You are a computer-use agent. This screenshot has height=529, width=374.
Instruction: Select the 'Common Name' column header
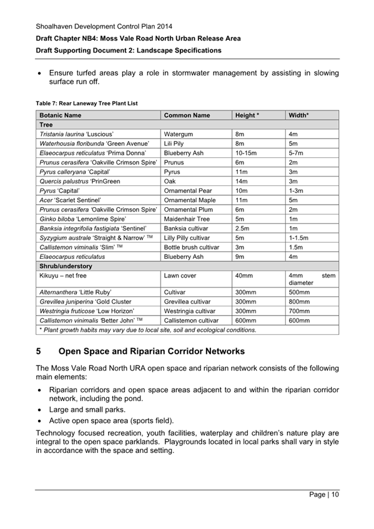187,115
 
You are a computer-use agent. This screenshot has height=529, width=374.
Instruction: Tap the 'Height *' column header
247,115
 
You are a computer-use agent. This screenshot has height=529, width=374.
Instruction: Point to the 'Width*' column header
300,115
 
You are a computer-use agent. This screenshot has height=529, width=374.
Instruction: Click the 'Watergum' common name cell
178,134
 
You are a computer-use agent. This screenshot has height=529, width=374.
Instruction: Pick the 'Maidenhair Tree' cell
187,219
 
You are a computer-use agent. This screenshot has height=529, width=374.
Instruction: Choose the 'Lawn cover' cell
180,275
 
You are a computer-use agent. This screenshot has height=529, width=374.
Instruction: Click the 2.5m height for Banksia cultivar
242,228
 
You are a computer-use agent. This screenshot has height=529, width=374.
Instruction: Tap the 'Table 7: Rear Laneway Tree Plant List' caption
87,103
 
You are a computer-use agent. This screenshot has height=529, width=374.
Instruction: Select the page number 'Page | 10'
323,495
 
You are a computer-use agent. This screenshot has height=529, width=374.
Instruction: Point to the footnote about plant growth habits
147,329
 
